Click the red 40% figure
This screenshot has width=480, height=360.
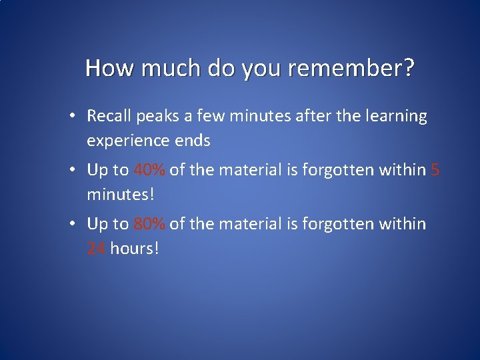pos(149,170)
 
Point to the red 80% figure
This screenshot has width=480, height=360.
pos(149,224)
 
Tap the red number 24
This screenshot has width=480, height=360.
pos(97,249)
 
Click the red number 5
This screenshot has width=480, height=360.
pos(435,170)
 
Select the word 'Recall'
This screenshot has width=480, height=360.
pos(109,116)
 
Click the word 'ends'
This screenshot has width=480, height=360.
pos(194,141)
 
